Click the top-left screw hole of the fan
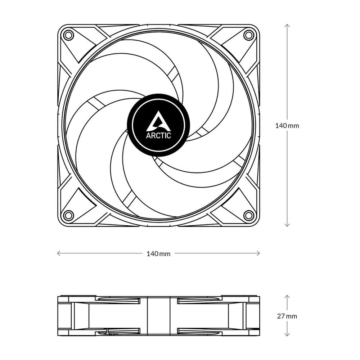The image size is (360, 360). pos(68,35)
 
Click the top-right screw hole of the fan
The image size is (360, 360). pos(248,35)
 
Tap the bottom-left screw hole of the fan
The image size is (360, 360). pos(68,215)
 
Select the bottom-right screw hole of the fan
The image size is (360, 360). pos(248,215)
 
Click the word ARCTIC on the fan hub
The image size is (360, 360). pos(158,135)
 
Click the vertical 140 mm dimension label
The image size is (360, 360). pos(287,126)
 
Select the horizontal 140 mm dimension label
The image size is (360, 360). pos(158,254)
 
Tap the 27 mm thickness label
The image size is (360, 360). pos(287,316)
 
